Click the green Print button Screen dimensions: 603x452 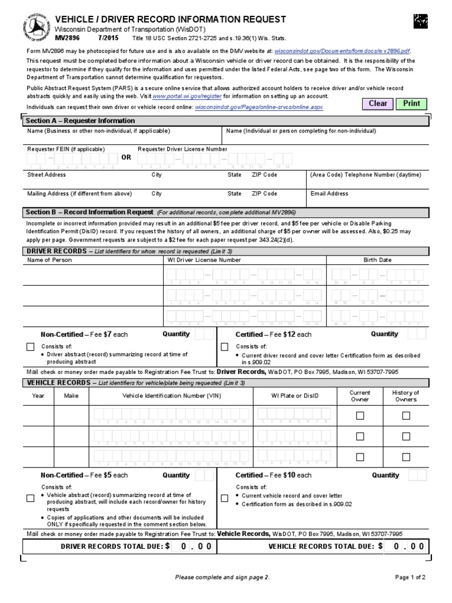click(411, 104)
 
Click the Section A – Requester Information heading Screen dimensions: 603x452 click(80, 121)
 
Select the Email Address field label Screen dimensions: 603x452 click(329, 193)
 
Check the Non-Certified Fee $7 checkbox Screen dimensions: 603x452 click(31, 347)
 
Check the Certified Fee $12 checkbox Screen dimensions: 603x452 click(224, 347)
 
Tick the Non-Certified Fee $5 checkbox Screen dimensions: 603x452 click(31, 498)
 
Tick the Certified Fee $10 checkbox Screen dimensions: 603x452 click(224, 498)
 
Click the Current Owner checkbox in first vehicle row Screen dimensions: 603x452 click(360, 416)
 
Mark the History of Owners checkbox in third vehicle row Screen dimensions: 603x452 click(406, 457)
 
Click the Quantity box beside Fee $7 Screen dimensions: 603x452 click(204, 334)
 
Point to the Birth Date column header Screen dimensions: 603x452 click(377, 260)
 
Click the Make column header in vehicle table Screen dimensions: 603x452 click(71, 396)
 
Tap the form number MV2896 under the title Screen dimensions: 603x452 click(66, 37)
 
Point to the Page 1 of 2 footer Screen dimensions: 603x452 click(410, 578)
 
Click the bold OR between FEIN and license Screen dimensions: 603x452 click(127, 158)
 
